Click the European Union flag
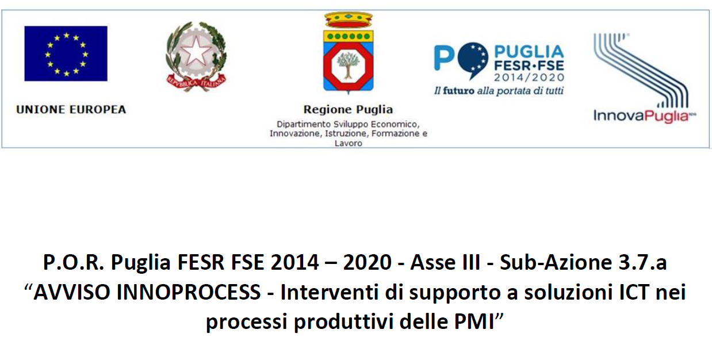click(66, 53)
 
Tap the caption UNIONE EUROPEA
click(71, 110)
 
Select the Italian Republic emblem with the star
click(196, 56)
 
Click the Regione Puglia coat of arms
click(349, 53)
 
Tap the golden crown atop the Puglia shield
click(349, 20)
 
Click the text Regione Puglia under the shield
click(349, 110)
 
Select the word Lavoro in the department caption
click(349, 143)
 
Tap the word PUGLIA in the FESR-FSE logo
click(529, 52)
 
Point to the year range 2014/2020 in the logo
click(529, 77)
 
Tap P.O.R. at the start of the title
click(74, 262)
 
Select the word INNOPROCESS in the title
click(189, 292)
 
